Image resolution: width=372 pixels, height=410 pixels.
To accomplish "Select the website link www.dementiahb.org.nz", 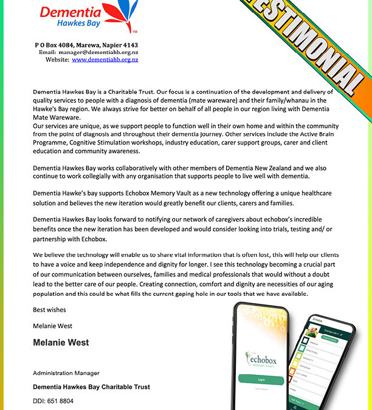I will (x=105, y=60).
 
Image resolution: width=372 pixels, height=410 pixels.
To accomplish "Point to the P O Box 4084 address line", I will (x=86, y=45).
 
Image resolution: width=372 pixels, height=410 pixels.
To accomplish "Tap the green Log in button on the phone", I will (x=261, y=379).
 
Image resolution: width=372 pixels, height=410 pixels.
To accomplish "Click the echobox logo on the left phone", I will (x=261, y=358).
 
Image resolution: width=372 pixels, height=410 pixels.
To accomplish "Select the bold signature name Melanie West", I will (x=61, y=343).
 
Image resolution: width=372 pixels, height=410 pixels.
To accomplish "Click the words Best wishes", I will (x=49, y=310).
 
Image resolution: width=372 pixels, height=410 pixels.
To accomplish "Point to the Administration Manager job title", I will (x=66, y=373).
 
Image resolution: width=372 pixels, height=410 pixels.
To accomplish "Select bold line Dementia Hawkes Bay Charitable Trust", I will (x=91, y=387).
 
